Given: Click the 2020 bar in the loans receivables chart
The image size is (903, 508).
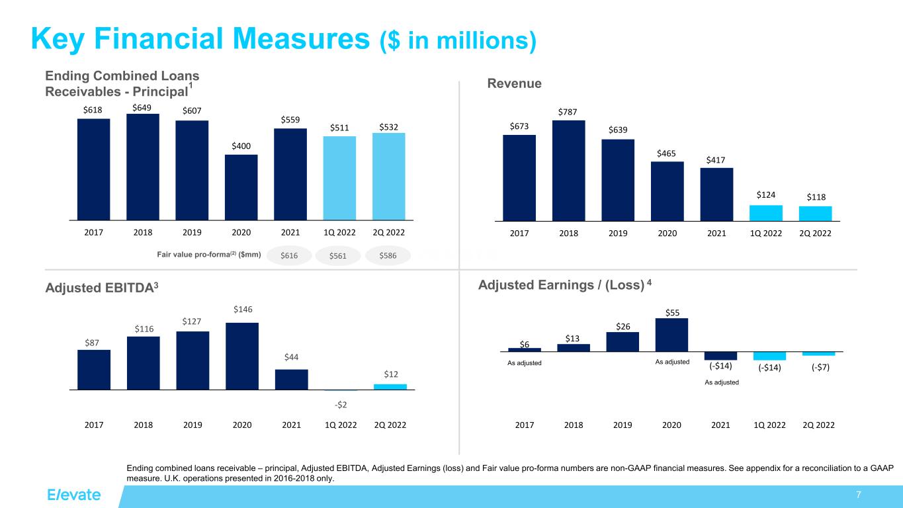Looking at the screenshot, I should pos(241,187).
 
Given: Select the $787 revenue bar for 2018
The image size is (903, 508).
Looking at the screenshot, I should pos(568,170).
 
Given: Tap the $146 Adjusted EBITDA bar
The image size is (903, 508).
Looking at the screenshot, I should pos(242,356).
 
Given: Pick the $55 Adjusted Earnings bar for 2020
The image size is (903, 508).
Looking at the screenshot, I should pos(671,335).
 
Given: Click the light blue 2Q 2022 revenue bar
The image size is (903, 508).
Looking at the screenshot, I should pos(815,214).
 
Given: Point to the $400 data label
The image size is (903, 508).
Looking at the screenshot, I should pos(241,146).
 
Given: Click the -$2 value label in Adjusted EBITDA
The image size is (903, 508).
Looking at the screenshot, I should pos(341,405).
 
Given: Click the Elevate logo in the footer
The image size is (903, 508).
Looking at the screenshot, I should pos(73,495).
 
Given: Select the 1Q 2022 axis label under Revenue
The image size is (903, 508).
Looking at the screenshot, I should pos(766,233).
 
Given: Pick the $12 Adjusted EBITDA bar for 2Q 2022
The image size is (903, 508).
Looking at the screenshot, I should pos(390,386).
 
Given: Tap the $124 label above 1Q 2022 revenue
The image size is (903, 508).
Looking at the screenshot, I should pos(765,195).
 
